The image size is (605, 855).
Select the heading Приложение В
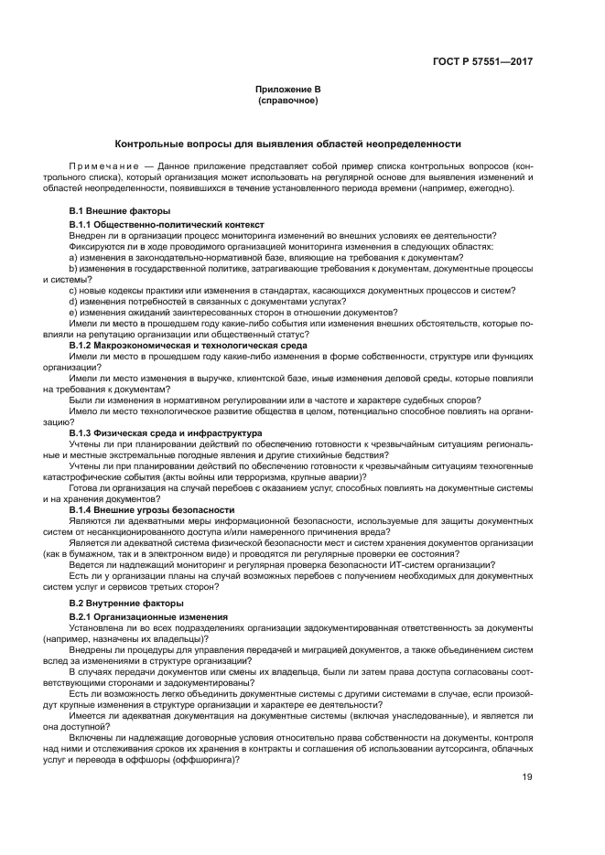click(288, 89)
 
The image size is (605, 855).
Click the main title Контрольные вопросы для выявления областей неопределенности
click(288, 144)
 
